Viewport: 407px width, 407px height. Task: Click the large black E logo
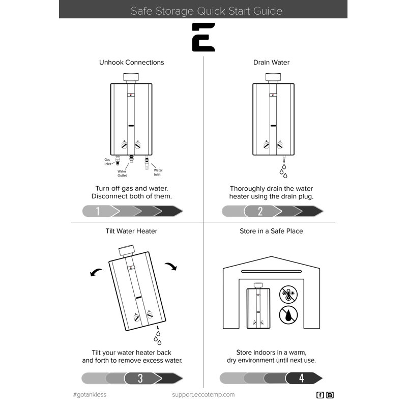[x=203, y=37]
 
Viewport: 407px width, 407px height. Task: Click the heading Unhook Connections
[x=131, y=63]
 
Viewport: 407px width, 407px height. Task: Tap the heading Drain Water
[x=271, y=63]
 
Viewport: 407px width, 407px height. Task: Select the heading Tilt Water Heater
[x=131, y=231]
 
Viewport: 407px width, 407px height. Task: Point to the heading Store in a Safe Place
[x=271, y=231]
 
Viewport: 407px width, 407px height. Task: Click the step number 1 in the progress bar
[x=98, y=211]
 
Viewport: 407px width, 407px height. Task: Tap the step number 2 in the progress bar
[x=260, y=211]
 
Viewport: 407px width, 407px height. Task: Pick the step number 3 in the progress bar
[x=140, y=379]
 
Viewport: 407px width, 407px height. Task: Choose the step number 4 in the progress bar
[x=301, y=378]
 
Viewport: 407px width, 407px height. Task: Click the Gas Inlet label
[x=107, y=161]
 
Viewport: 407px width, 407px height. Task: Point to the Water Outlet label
[x=122, y=173]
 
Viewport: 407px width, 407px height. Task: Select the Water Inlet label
[x=158, y=172]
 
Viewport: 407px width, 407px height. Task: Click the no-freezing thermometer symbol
[x=288, y=295]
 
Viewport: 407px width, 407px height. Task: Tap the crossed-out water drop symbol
[x=288, y=316]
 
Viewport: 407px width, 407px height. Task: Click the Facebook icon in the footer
[x=320, y=395]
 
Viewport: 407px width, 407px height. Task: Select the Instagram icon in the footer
[x=330, y=395]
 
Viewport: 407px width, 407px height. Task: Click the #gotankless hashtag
[x=90, y=395]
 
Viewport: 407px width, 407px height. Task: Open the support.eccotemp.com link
[x=203, y=395]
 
